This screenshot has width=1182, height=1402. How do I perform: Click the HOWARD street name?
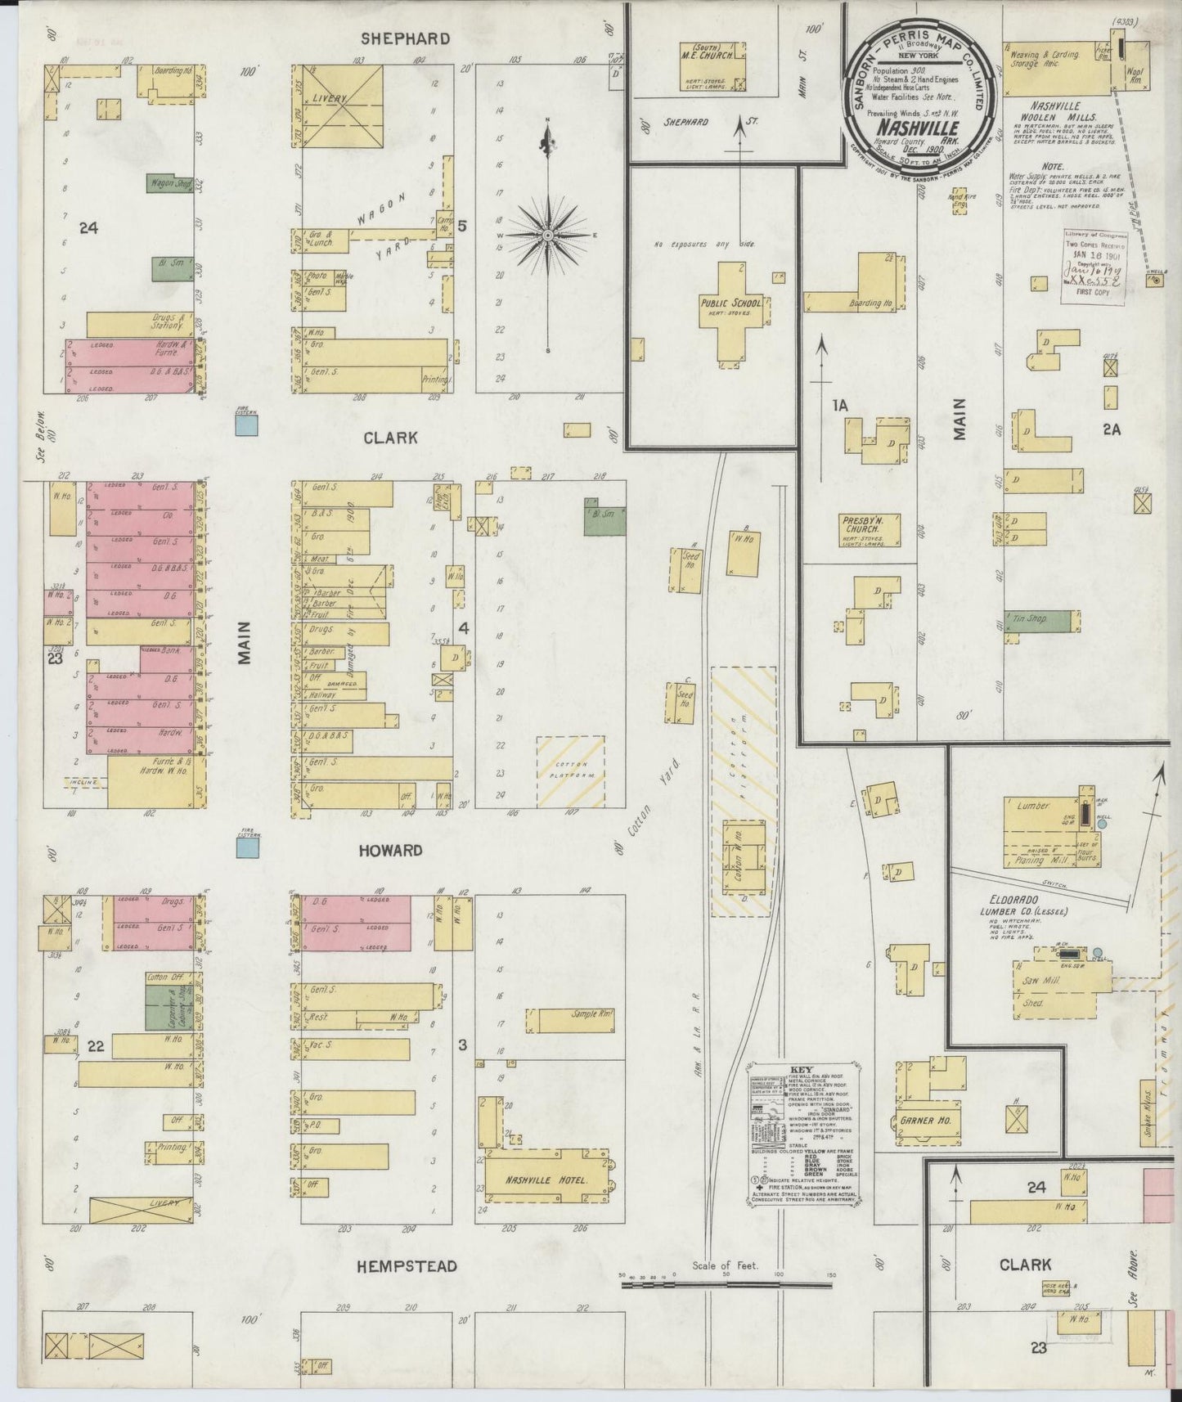391,850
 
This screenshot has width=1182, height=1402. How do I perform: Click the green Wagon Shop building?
170,184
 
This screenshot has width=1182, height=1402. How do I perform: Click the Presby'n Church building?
870,530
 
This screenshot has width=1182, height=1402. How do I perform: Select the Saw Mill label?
1036,980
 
